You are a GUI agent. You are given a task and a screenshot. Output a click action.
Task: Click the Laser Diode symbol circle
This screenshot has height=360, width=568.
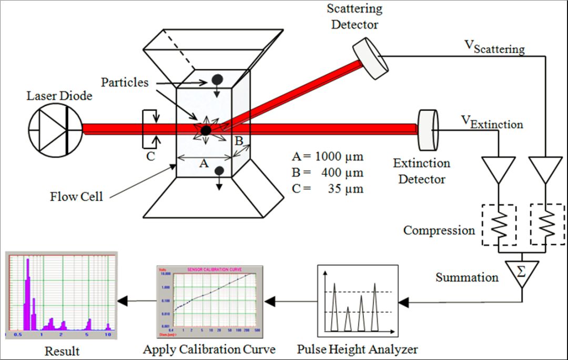point(56,129)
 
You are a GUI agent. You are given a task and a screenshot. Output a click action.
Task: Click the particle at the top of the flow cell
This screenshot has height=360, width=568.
point(216,79)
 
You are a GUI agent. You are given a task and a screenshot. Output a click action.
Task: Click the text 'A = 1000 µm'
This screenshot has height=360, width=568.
point(327,156)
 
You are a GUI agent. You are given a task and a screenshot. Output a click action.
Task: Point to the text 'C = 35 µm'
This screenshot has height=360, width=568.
point(327,187)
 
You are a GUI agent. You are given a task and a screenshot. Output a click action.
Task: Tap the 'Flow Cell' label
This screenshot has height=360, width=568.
point(77,197)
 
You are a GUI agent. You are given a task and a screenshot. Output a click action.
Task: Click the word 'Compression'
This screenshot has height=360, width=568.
point(439,230)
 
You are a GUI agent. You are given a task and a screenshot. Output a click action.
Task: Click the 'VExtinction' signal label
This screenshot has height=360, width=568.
point(492,122)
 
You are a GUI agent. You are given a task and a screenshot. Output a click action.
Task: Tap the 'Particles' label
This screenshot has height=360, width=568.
point(125,82)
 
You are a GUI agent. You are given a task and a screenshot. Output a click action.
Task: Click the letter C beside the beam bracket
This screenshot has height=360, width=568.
point(150,156)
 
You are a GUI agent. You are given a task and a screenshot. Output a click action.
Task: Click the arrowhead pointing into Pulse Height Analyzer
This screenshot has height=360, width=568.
point(404,302)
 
